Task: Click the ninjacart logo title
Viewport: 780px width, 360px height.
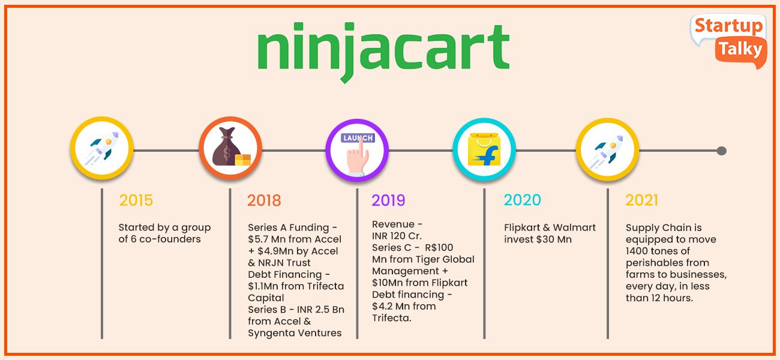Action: tap(383, 52)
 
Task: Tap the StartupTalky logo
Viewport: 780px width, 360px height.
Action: tap(729, 41)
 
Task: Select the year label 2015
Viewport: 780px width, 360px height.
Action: tap(136, 200)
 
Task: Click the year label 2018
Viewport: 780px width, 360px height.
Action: tap(264, 200)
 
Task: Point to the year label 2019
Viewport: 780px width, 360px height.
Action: tap(388, 200)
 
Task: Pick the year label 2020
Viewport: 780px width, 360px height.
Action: tap(523, 200)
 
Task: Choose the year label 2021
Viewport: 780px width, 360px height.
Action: tap(642, 200)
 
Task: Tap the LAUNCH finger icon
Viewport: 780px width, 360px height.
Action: tap(358, 153)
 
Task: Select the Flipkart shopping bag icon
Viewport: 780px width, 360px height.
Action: tap(484, 149)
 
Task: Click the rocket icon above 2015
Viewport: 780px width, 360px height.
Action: tap(102, 148)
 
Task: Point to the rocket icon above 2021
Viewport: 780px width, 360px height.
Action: tap(607, 150)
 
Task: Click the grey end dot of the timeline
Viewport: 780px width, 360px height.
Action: tap(721, 151)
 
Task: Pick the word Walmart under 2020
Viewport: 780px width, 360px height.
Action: tap(574, 227)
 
